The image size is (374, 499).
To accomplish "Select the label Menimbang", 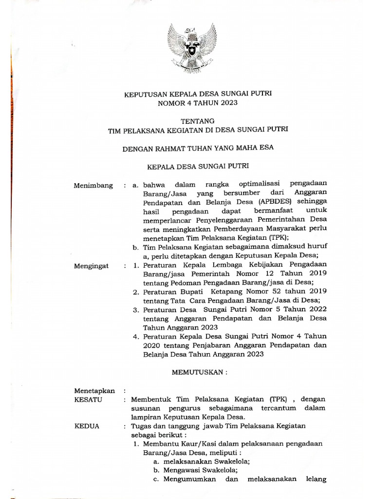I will pyautogui.click(x=93, y=186).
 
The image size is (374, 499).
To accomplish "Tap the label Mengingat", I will pyautogui.click(x=92, y=266).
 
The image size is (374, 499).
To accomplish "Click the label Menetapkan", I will pyautogui.click(x=94, y=390).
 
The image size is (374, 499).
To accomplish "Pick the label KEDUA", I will pyautogui.click(x=87, y=425).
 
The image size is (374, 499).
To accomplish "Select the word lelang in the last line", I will pyautogui.click(x=314, y=479).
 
